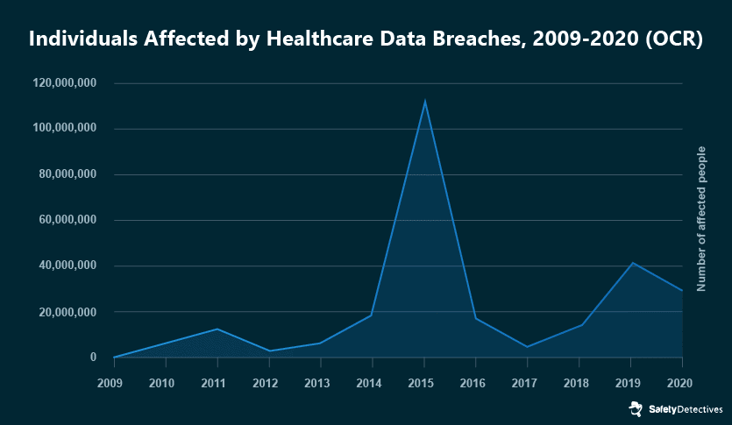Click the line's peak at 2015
(x=424, y=101)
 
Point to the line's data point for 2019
(x=631, y=263)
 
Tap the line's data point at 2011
(x=217, y=329)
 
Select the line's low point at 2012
(x=269, y=351)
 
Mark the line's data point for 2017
(x=528, y=347)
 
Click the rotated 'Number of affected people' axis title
(x=701, y=220)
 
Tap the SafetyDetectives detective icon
(x=635, y=408)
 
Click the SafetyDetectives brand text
(x=686, y=409)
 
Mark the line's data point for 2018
(x=579, y=325)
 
